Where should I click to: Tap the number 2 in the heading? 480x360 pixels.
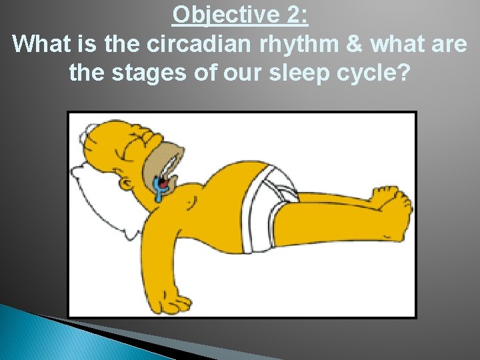291,15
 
